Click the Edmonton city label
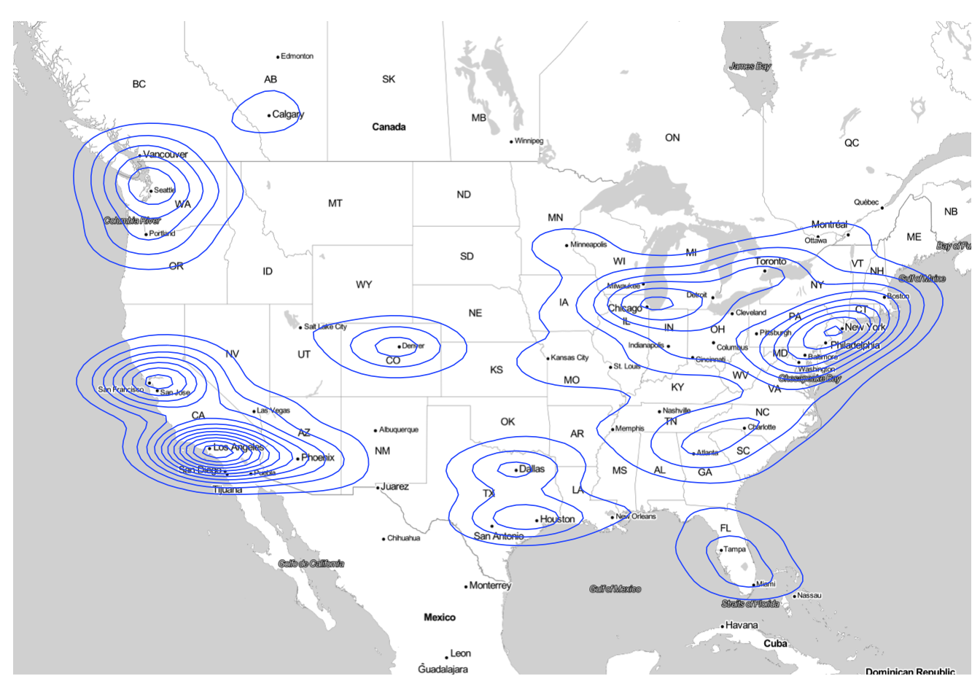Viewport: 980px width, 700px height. pyautogui.click(x=297, y=56)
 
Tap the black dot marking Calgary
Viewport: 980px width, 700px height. pyautogui.click(x=269, y=115)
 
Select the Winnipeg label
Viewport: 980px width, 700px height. pyautogui.click(x=529, y=141)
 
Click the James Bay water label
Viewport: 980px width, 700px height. pyautogui.click(x=750, y=66)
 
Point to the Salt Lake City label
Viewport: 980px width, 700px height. pyautogui.click(x=325, y=327)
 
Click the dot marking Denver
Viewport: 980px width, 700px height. pyautogui.click(x=399, y=346)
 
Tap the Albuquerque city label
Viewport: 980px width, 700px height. pyautogui.click(x=398, y=429)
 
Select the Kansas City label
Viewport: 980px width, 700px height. pyautogui.click(x=569, y=357)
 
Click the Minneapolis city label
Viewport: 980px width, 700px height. pyautogui.click(x=588, y=244)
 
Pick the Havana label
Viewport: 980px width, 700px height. pyautogui.click(x=742, y=625)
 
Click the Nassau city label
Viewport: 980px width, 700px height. pyautogui.click(x=809, y=595)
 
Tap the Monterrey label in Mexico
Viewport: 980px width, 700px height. pyautogui.click(x=490, y=586)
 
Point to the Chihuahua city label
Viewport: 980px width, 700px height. pyautogui.click(x=403, y=538)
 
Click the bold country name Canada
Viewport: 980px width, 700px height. pyautogui.click(x=389, y=127)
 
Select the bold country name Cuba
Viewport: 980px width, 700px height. pyautogui.click(x=775, y=643)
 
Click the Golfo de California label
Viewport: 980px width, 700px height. pyautogui.click(x=311, y=564)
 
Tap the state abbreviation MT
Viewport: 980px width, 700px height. pyautogui.click(x=335, y=203)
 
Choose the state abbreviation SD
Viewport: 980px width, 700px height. pyautogui.click(x=467, y=256)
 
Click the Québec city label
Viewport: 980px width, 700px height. pyautogui.click(x=866, y=202)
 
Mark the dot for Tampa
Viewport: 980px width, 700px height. pyautogui.click(x=720, y=551)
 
